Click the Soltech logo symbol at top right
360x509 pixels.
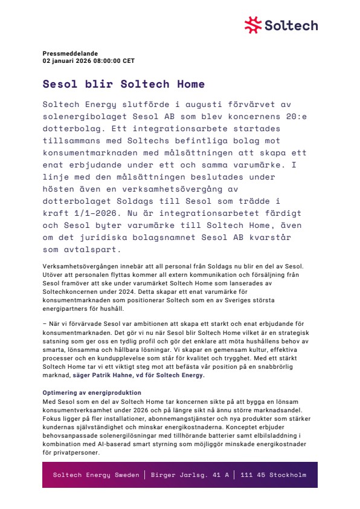(x=253, y=25)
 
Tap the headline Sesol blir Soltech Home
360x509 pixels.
(x=124, y=85)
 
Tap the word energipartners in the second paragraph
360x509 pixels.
(x=64, y=308)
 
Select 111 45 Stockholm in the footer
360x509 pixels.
(x=273, y=475)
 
